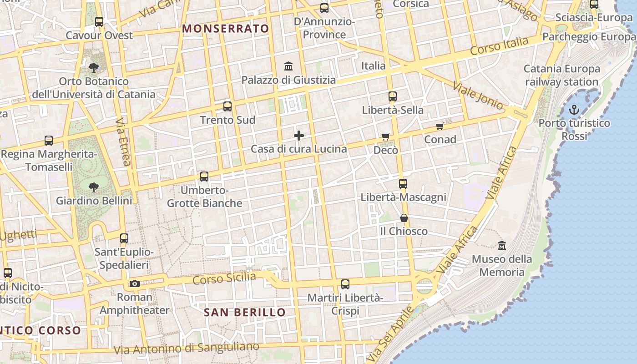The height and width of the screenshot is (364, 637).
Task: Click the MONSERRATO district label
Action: [226, 29]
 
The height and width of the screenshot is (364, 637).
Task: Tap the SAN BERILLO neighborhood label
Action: [244, 313]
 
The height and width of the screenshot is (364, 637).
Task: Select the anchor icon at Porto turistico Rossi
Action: [574, 109]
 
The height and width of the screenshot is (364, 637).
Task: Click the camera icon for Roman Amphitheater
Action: [134, 283]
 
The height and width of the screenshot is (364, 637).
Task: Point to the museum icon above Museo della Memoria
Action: [502, 245]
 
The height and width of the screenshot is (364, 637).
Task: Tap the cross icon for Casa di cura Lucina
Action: [299, 136]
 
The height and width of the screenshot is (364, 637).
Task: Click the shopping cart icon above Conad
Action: [440, 126]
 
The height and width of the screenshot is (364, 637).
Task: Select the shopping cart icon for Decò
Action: [386, 136]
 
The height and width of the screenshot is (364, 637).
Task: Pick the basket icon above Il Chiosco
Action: [404, 218]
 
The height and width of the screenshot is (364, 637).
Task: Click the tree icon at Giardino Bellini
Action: [94, 187]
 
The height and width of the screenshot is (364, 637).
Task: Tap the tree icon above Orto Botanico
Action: [94, 68]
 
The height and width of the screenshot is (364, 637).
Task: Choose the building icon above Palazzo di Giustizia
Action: [288, 66]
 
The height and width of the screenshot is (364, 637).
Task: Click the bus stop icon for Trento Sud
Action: [227, 106]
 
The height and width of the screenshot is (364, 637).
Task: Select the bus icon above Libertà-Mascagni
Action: [403, 184]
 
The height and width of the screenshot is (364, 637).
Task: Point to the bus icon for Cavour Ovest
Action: [99, 21]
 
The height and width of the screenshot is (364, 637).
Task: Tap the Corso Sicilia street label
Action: [224, 278]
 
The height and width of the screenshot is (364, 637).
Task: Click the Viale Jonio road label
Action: [478, 96]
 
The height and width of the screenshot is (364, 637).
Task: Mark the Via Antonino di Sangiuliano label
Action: [186, 349]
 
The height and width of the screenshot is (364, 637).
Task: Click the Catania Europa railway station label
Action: [562, 76]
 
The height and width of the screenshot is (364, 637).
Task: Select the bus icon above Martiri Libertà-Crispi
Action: [345, 284]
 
